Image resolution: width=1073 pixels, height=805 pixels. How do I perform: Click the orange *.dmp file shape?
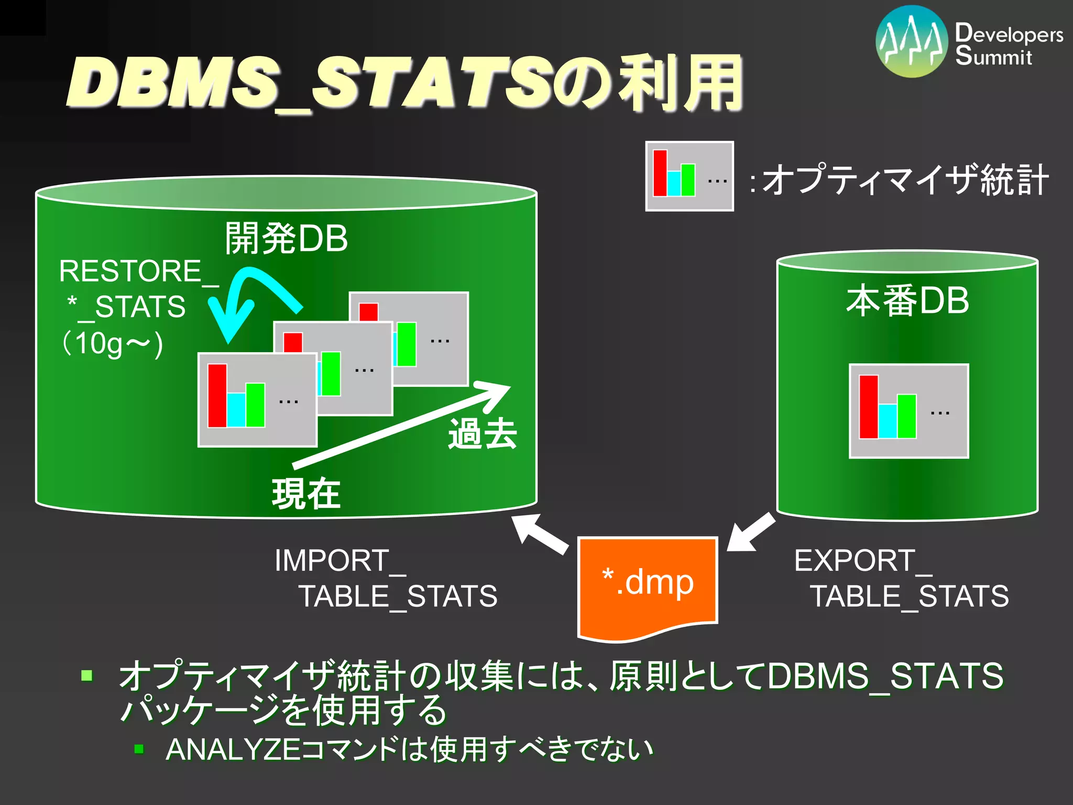[x=648, y=584]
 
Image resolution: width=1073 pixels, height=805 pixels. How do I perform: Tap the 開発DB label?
[x=286, y=238]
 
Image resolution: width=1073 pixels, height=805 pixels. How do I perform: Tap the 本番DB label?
[x=907, y=301]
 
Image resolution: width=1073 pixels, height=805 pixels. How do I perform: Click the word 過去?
[x=483, y=434]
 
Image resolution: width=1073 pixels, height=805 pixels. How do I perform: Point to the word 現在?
[x=306, y=494]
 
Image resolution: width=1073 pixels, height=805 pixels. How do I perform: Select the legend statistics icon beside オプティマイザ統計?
[x=689, y=176]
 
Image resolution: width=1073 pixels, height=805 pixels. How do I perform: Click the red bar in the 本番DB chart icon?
[x=868, y=407]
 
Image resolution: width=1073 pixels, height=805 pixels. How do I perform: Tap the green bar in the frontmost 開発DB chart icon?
[x=255, y=405]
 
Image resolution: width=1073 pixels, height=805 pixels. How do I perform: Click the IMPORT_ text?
[x=341, y=561]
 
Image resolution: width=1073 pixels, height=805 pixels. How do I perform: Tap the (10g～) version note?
[x=113, y=344]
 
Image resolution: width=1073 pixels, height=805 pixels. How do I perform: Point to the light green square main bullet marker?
[x=87, y=675]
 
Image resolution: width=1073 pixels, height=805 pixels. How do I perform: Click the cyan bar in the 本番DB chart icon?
[x=888, y=421]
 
